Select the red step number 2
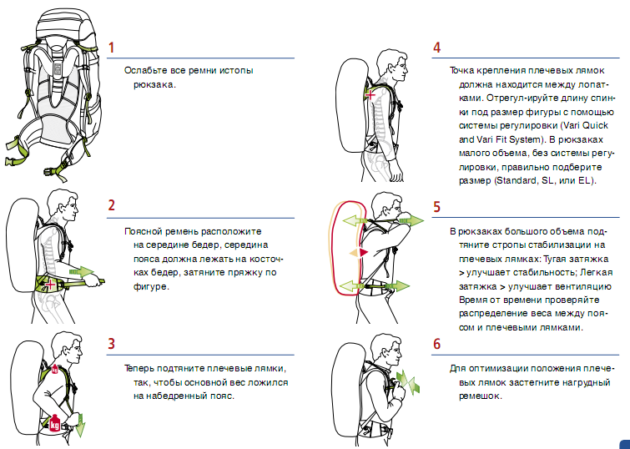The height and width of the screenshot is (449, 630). coord(111,204)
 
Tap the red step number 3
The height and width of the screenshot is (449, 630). coord(111,343)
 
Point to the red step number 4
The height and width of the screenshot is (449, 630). coord(436,48)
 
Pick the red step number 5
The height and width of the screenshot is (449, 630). coord(436,205)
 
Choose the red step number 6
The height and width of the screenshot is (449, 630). coord(436,344)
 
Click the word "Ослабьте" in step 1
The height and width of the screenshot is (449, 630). coord(143,71)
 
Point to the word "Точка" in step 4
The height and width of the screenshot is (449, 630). coord(463,71)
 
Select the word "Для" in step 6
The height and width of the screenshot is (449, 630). coord(456,368)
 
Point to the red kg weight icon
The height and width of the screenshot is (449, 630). coord(56,423)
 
